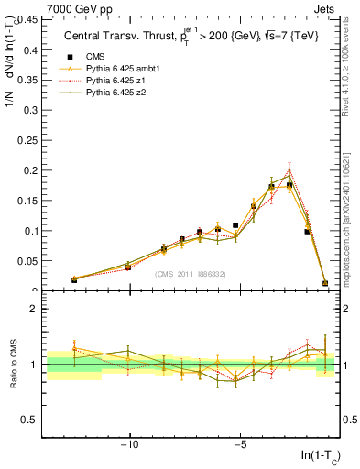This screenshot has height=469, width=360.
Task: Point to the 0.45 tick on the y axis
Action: (x=27, y=19)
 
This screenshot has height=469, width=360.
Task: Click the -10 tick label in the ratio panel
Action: (x=130, y=444)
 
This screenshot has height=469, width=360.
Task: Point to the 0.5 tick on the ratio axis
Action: (x=27, y=420)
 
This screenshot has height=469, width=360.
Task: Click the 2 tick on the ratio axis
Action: (x=33, y=309)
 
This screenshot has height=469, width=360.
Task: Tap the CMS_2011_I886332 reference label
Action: (x=191, y=274)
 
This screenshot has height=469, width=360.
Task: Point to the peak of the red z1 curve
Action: (x=289, y=169)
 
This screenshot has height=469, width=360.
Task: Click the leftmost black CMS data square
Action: (x=74, y=279)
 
